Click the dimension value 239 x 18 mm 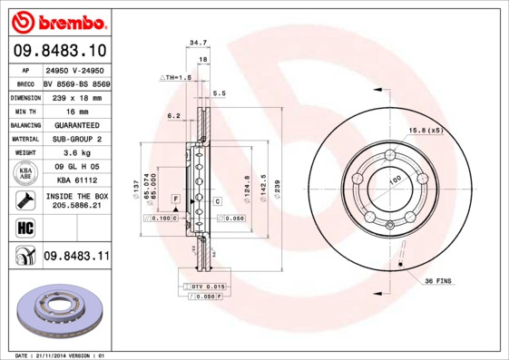[75, 95]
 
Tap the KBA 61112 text [75, 180]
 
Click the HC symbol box [24, 227]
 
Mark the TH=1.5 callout [176, 78]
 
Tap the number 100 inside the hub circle [395, 182]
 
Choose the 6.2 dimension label [174, 115]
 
